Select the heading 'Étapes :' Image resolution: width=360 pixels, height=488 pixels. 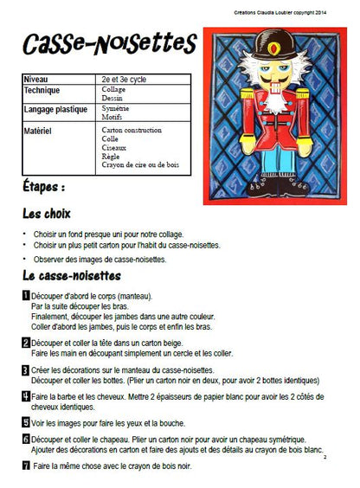43,187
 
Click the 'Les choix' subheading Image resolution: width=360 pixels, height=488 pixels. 47,214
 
